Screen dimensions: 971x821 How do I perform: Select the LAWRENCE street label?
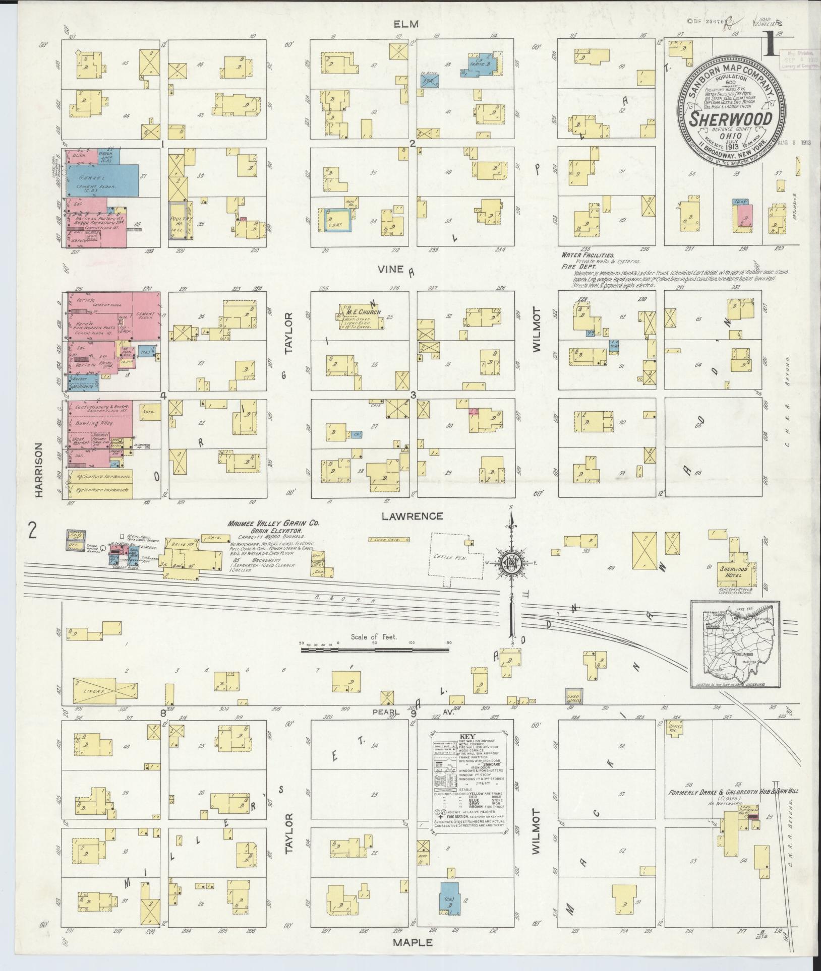click(x=412, y=516)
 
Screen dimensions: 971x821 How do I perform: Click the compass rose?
click(x=511, y=563)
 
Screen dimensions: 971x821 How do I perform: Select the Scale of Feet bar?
click(x=375, y=650)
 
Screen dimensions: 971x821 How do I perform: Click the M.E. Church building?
click(x=359, y=316)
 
